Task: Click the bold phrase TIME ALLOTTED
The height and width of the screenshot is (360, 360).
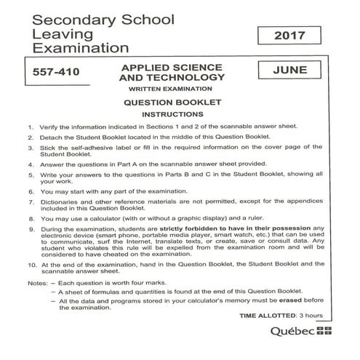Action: (x=265, y=316)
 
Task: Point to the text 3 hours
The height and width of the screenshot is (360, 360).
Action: (x=313, y=316)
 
